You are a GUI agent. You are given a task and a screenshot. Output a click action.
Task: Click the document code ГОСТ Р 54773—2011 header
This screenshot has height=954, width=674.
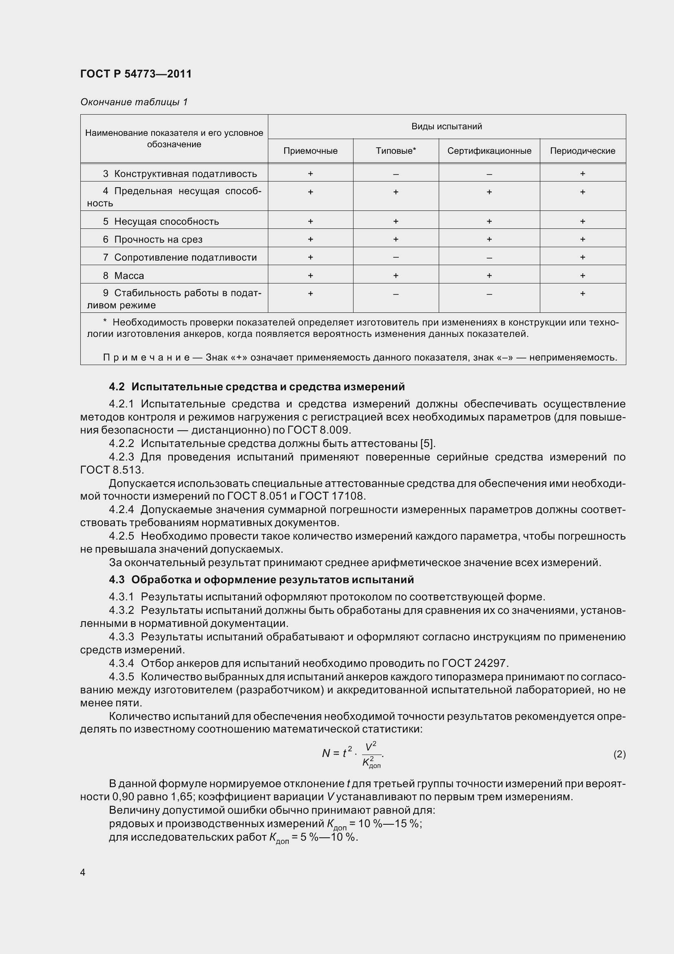click(x=136, y=74)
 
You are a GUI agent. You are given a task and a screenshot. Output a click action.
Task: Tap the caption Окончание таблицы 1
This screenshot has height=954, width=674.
click(x=134, y=102)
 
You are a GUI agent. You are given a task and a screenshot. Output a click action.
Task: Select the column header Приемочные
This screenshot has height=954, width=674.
click(x=310, y=151)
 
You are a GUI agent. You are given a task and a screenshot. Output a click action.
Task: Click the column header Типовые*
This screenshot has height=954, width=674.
click(x=396, y=151)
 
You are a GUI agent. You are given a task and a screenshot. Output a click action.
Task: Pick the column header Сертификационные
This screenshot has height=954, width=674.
click(x=489, y=151)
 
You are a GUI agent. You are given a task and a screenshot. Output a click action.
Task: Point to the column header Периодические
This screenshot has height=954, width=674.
click(x=582, y=151)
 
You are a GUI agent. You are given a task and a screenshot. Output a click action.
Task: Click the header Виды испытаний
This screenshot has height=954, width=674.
click(x=446, y=126)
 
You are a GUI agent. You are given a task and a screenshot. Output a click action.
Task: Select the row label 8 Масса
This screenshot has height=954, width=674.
click(x=124, y=275)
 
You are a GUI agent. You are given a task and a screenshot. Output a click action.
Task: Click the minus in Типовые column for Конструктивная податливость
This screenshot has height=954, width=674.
click(x=396, y=174)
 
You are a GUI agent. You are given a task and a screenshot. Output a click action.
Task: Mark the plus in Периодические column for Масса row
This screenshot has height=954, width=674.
click(x=582, y=275)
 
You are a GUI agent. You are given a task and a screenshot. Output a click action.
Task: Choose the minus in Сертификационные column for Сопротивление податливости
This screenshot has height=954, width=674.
click(x=489, y=258)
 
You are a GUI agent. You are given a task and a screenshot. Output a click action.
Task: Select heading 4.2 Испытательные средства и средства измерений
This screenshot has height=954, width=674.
click(x=256, y=387)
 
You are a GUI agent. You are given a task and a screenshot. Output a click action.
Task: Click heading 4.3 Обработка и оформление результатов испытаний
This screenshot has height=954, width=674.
click(x=261, y=580)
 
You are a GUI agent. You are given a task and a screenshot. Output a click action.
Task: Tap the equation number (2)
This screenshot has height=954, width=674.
click(x=619, y=754)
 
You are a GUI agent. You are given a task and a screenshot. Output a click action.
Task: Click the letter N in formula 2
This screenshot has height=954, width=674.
click(x=326, y=753)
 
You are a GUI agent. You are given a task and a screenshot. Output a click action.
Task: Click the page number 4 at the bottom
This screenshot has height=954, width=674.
click(x=83, y=872)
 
